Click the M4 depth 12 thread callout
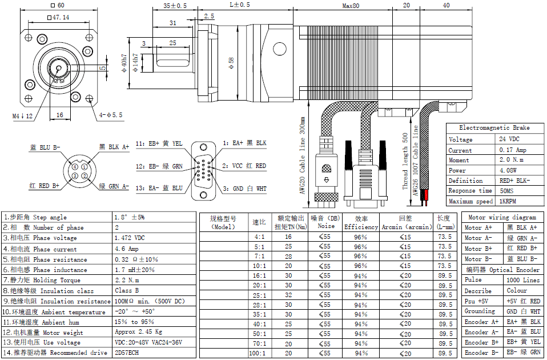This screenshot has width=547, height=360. (23, 116)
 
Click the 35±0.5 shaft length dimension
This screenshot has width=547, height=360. (175, 6)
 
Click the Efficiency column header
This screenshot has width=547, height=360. (360, 222)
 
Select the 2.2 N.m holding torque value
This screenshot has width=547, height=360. (127, 280)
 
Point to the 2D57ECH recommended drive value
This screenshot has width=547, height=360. (126, 353)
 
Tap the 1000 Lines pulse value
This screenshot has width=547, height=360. (522, 280)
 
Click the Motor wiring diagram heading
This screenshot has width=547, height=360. (502, 217)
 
